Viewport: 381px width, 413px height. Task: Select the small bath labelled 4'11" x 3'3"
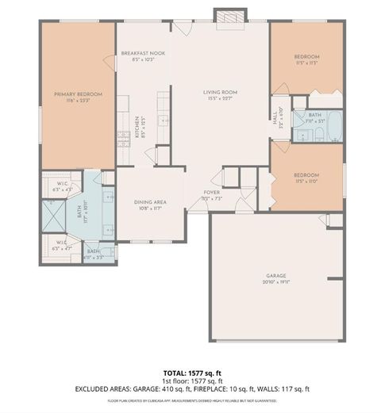tap(94, 254)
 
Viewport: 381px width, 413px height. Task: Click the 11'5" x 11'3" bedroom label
tap(306, 59)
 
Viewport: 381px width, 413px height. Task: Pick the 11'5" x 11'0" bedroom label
tap(306, 178)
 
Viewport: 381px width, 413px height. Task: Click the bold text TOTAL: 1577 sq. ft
tap(190, 372)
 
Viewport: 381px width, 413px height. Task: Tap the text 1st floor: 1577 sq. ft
tap(190, 380)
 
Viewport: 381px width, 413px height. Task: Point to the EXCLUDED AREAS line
tap(190, 389)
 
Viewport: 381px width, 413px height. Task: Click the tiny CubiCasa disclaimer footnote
tap(190, 400)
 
